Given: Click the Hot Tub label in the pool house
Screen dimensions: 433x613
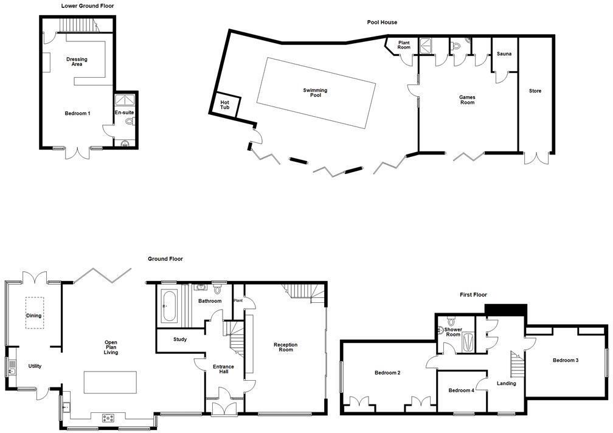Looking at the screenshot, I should click(225, 105).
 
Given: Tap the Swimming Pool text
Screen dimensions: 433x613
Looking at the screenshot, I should click(315, 92).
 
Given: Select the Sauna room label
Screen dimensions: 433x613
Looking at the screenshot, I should click(504, 54).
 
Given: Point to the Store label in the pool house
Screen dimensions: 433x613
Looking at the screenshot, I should click(535, 91).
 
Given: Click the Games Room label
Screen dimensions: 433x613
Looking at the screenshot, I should click(467, 100).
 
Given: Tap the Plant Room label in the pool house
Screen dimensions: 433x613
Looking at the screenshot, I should click(404, 45).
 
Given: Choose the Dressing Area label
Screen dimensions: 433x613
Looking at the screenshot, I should click(77, 61).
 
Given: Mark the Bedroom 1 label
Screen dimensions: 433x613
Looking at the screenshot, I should click(78, 113).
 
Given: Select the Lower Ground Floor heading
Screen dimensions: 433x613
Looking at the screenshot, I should click(88, 6).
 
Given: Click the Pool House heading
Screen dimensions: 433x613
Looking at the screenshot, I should click(382, 23).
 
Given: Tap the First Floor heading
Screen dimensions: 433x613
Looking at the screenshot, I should click(473, 295).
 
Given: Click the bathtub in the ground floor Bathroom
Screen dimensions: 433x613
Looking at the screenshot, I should click(168, 306).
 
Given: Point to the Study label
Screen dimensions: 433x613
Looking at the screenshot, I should click(179, 339).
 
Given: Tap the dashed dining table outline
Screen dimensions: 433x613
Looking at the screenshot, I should click(34, 313).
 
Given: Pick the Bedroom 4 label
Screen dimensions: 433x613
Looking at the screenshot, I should click(461, 390).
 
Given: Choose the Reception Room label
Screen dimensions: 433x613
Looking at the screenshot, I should click(285, 347).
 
